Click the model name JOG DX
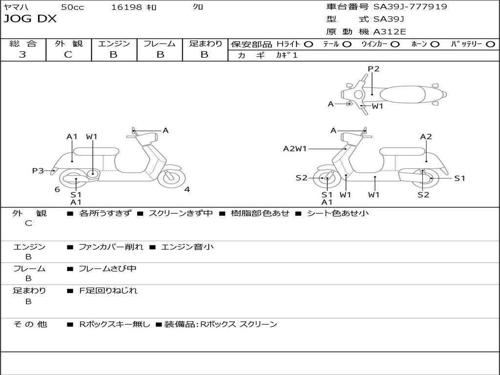click(x=30, y=19)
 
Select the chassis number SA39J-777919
click(x=410, y=7)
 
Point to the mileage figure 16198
click(x=126, y=7)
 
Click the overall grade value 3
click(x=22, y=55)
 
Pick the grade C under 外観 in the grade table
click(x=68, y=55)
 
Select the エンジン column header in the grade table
click(x=114, y=43)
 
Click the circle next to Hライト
click(x=308, y=44)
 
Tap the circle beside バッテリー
click(x=490, y=44)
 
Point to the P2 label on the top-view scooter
click(x=374, y=69)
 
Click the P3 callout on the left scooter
click(x=38, y=170)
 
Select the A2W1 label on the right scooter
click(x=295, y=148)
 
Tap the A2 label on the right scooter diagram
click(x=426, y=137)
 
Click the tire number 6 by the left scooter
click(x=57, y=189)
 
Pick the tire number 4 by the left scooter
click(x=187, y=189)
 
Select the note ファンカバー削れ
click(x=111, y=247)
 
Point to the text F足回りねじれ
click(x=108, y=291)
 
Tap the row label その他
click(x=30, y=324)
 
